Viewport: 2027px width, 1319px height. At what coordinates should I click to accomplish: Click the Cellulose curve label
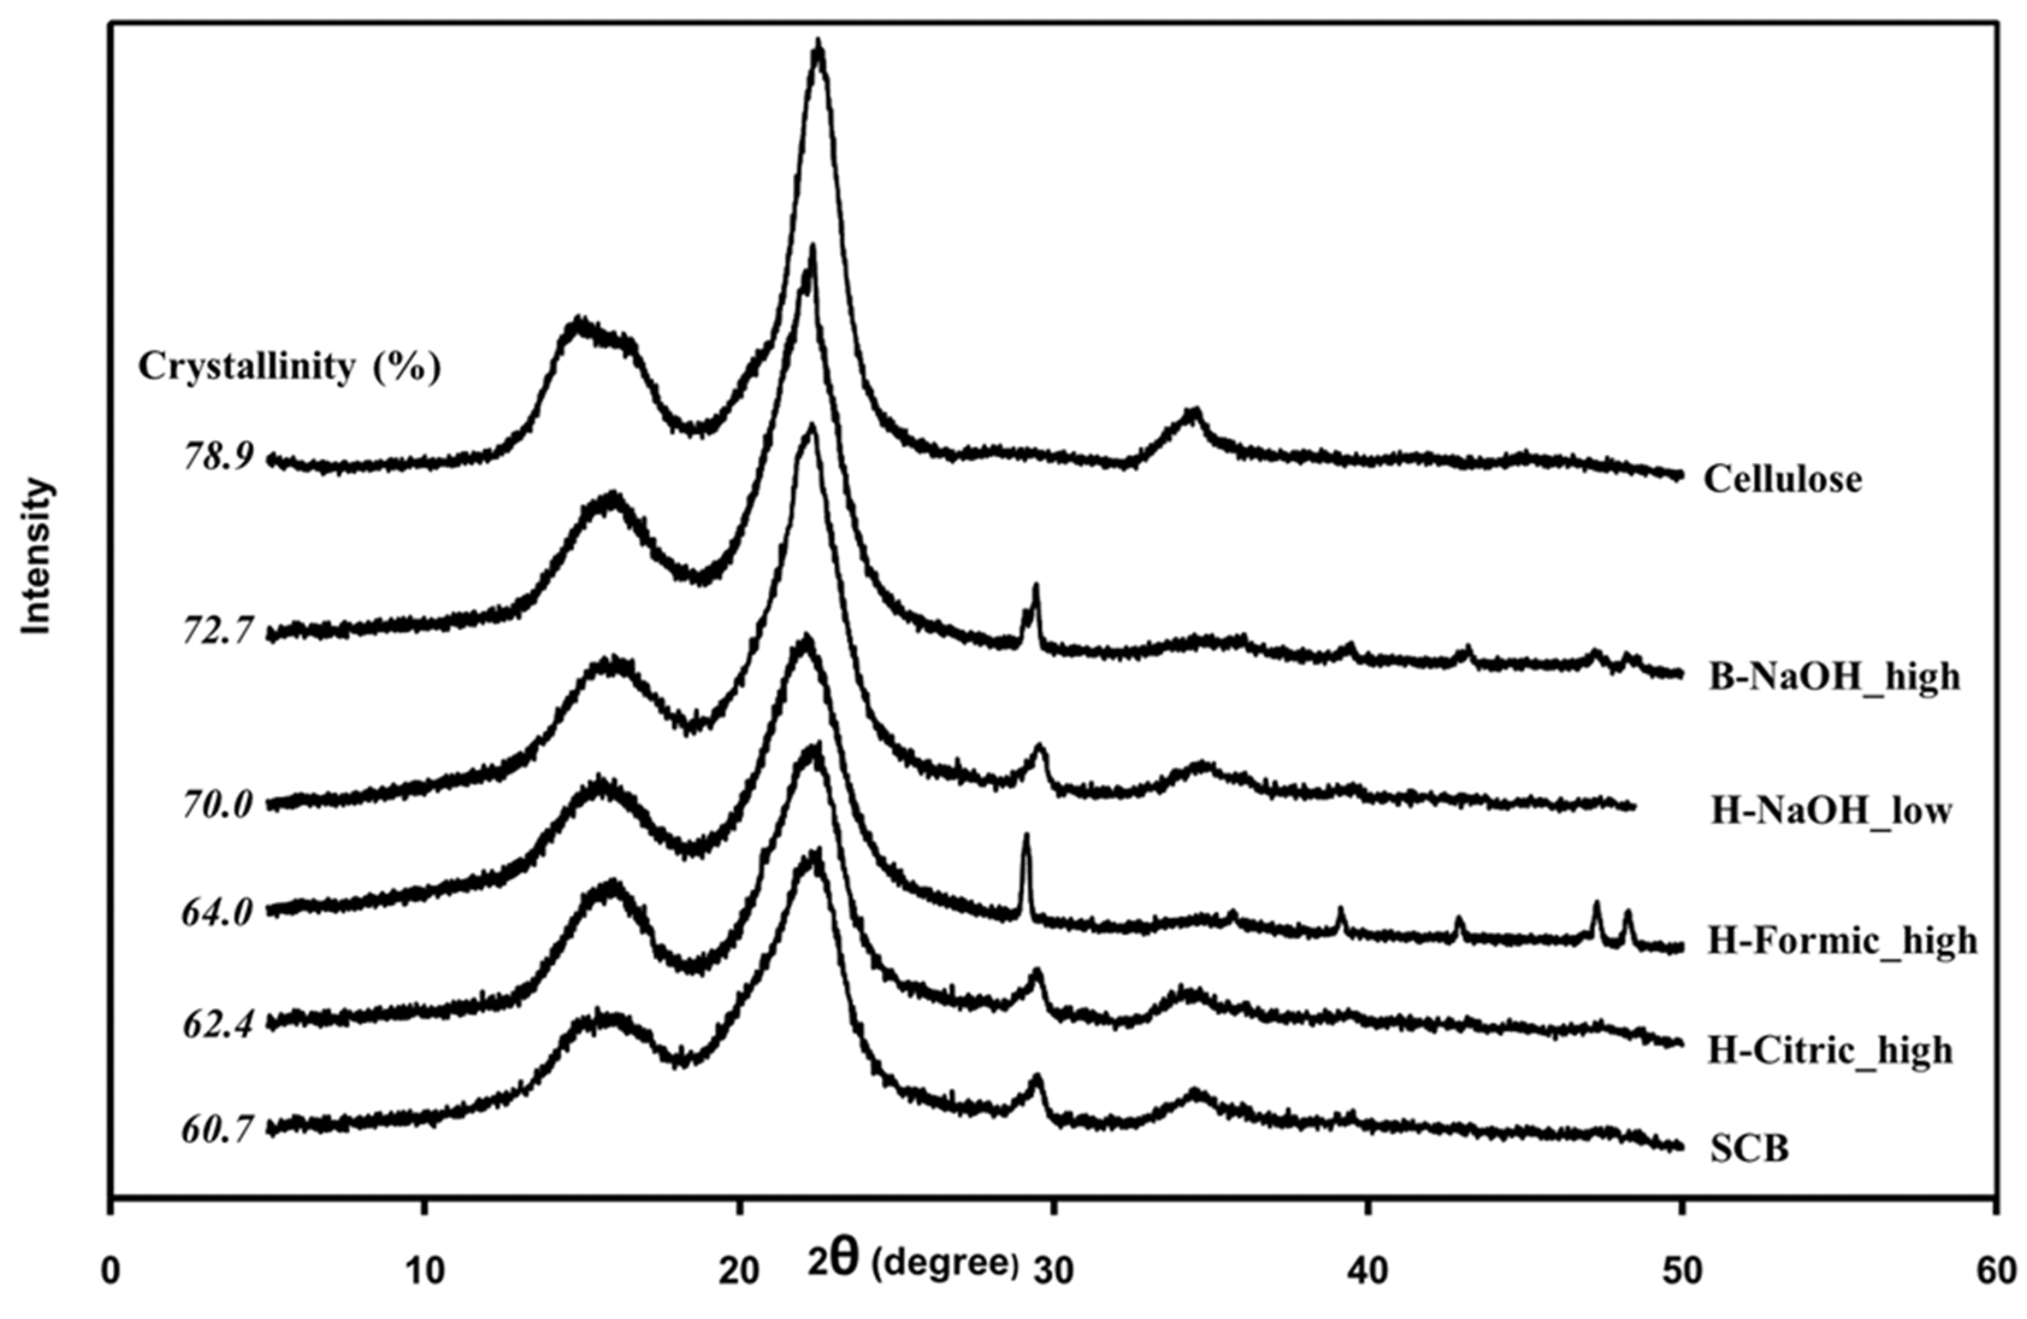[1781, 479]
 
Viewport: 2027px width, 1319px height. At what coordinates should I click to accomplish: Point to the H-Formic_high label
[1842, 941]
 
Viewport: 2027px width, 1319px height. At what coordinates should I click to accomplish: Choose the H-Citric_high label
[1830, 1050]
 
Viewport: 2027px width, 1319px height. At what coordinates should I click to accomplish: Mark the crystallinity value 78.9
[218, 458]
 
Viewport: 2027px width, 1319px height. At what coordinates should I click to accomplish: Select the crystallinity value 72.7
[218, 631]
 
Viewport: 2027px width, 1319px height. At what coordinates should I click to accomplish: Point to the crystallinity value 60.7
[218, 1130]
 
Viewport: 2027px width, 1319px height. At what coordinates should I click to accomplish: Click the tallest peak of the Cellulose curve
[819, 45]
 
